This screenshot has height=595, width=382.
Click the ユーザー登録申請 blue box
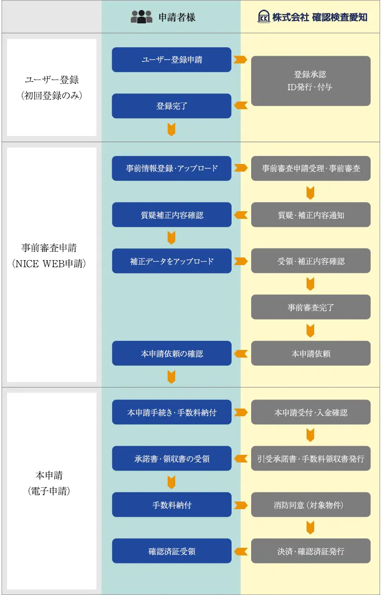171,60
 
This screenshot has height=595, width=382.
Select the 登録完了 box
171,106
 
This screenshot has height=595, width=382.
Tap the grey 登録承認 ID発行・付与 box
310,81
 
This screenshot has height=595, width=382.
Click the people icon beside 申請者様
141,17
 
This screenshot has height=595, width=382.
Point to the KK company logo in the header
264,17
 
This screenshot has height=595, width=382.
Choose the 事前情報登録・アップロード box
171,168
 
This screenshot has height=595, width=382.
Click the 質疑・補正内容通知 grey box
310,215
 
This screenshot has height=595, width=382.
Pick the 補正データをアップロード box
171,261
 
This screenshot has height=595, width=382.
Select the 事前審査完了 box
310,307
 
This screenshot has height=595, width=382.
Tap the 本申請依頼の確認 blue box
171,353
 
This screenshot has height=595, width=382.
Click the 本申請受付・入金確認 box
310,412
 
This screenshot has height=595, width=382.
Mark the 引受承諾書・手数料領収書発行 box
310,458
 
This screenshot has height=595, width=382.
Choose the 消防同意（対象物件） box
310,504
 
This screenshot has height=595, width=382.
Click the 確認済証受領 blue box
171,551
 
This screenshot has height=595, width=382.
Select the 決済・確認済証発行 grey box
310,551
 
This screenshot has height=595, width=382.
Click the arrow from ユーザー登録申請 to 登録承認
241,60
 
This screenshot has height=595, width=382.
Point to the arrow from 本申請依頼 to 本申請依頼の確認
241,353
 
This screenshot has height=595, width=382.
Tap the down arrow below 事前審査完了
310,330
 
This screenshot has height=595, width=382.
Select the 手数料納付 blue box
171,504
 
